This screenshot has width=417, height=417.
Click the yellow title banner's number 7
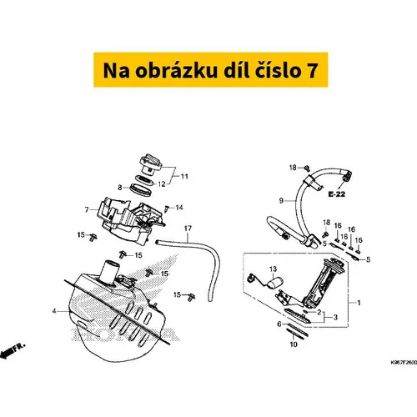312,70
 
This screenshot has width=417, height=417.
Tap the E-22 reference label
336,194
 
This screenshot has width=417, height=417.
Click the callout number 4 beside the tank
54,311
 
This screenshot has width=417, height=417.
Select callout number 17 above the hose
188,229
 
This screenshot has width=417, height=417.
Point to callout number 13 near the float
273,269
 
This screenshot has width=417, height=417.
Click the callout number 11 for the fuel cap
184,176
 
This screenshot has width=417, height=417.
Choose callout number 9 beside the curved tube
281,200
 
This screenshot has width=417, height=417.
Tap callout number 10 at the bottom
294,344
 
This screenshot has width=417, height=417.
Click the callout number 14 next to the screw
179,208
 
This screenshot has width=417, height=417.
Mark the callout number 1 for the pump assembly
359,303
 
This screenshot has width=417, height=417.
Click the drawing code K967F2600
404,363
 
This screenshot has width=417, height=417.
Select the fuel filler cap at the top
150,164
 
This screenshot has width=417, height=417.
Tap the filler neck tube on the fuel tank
111,273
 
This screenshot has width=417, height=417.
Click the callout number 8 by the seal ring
120,188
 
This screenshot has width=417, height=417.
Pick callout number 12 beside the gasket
162,184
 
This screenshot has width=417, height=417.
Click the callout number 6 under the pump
279,324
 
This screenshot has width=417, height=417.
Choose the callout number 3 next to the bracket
335,317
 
